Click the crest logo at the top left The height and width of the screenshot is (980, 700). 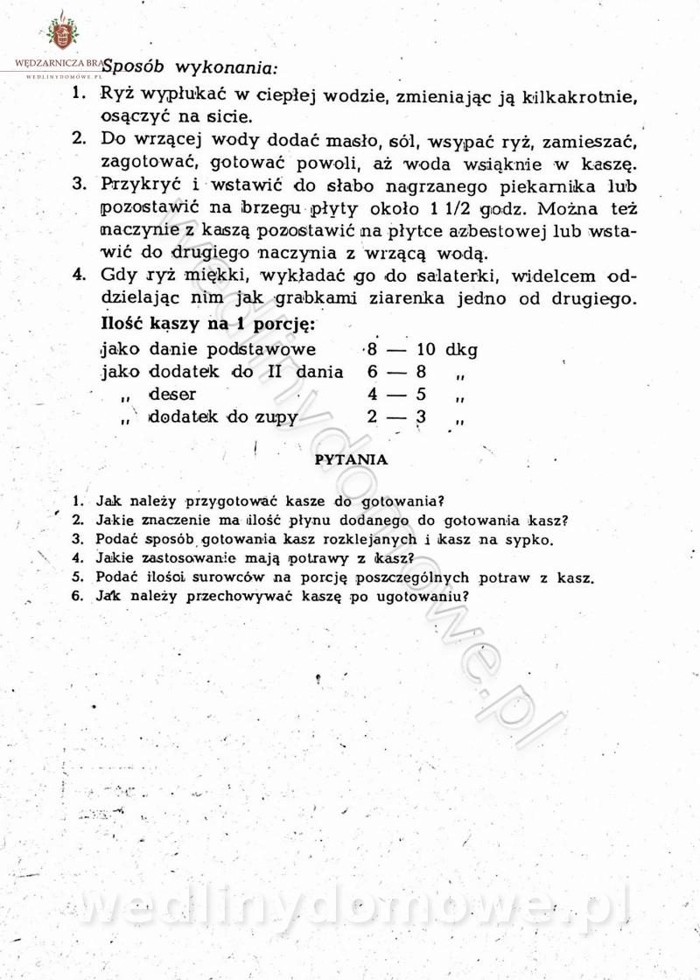click(61, 32)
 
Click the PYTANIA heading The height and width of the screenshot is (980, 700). click(350, 458)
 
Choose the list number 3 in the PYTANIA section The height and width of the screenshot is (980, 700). click(78, 539)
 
